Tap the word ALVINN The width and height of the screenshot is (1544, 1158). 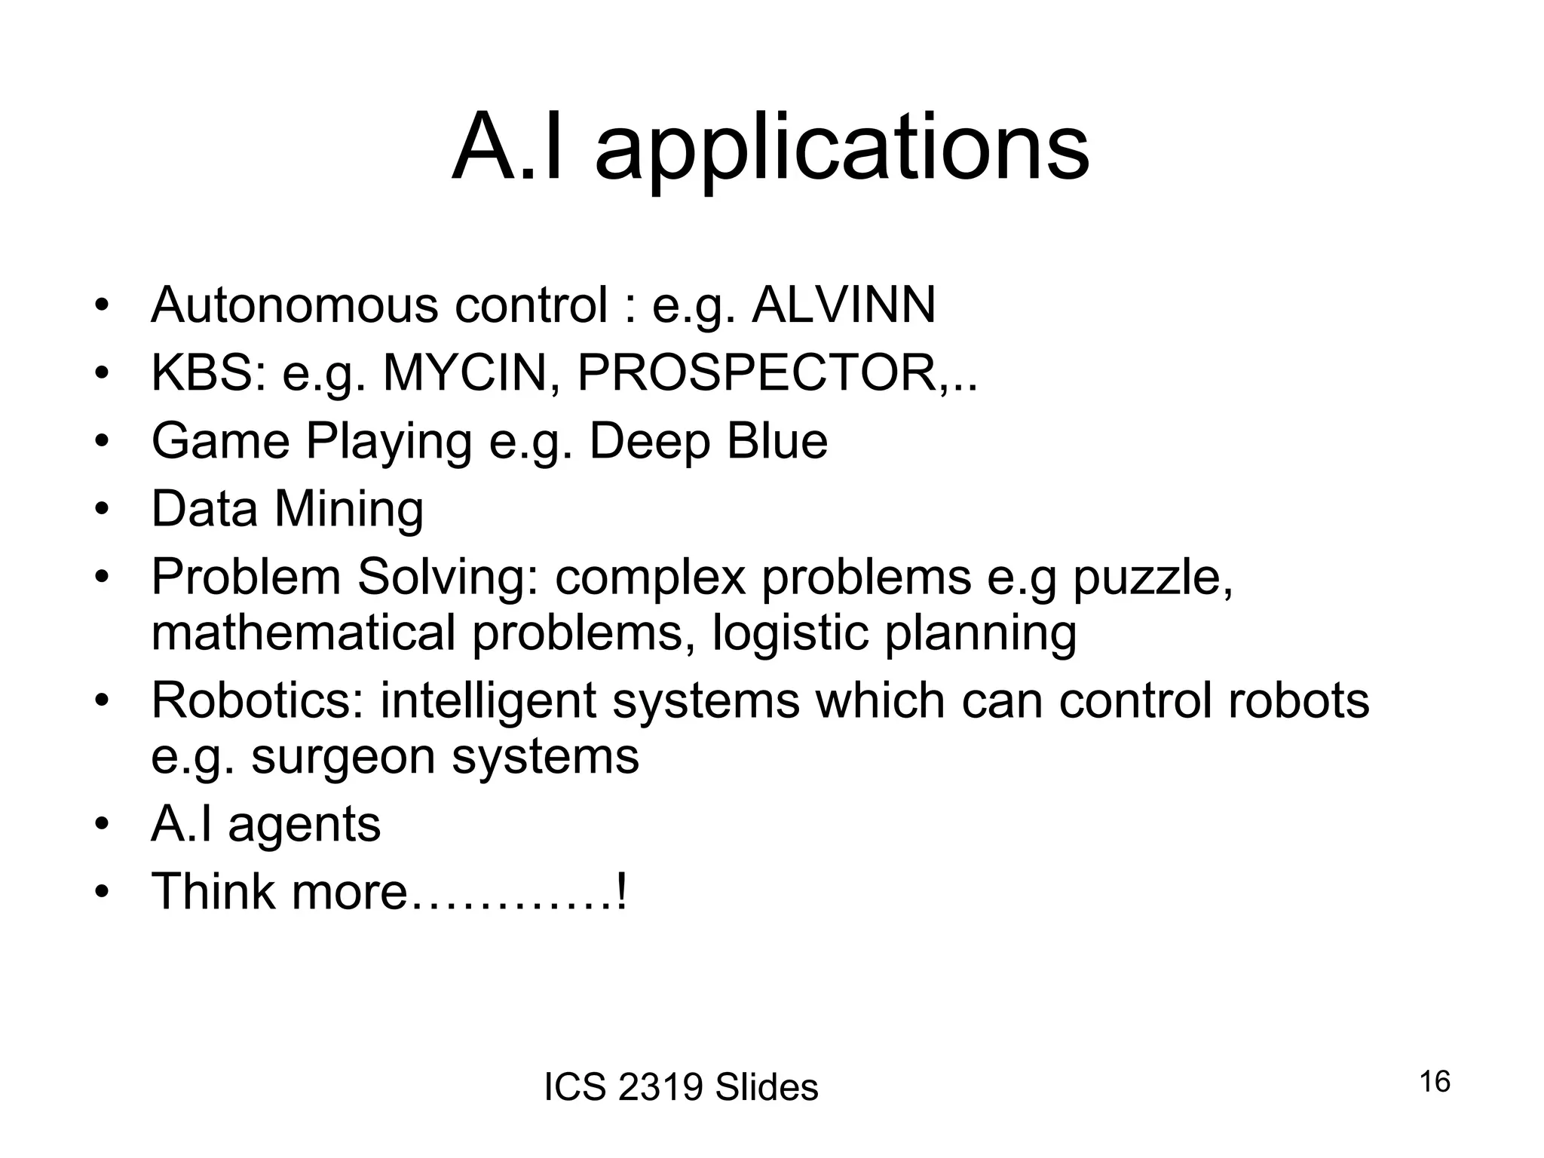[x=844, y=305]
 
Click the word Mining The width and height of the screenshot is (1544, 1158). [x=348, y=509]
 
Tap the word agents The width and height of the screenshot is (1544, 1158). [x=304, y=824]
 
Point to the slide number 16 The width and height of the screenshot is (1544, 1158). [x=1435, y=1082]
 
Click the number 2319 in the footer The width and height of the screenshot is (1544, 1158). [x=660, y=1088]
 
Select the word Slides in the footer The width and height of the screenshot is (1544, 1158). [x=766, y=1088]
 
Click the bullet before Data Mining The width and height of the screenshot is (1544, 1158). [x=102, y=509]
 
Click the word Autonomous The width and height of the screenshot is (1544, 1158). [x=295, y=305]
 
